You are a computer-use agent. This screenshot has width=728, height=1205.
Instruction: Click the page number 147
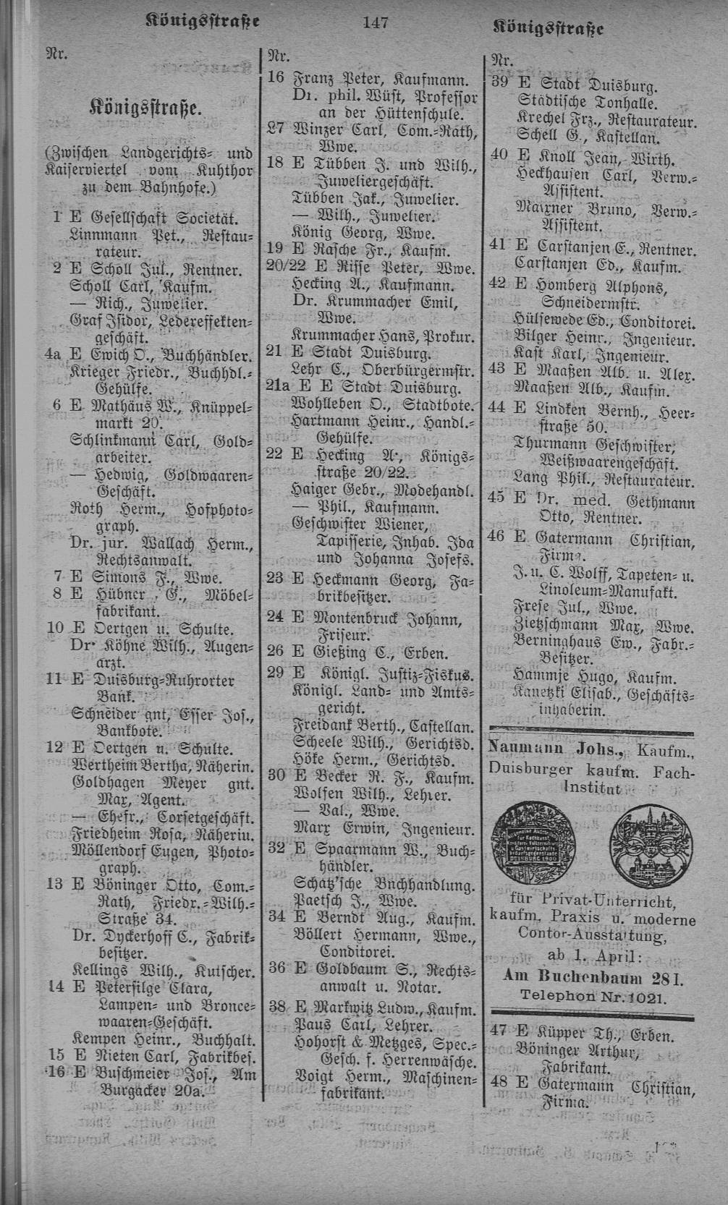click(376, 23)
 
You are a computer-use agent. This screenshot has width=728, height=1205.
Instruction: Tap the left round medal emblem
click(530, 835)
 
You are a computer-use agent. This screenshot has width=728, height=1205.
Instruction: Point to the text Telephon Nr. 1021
click(593, 995)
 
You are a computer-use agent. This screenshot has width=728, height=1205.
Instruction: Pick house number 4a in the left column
click(53, 356)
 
